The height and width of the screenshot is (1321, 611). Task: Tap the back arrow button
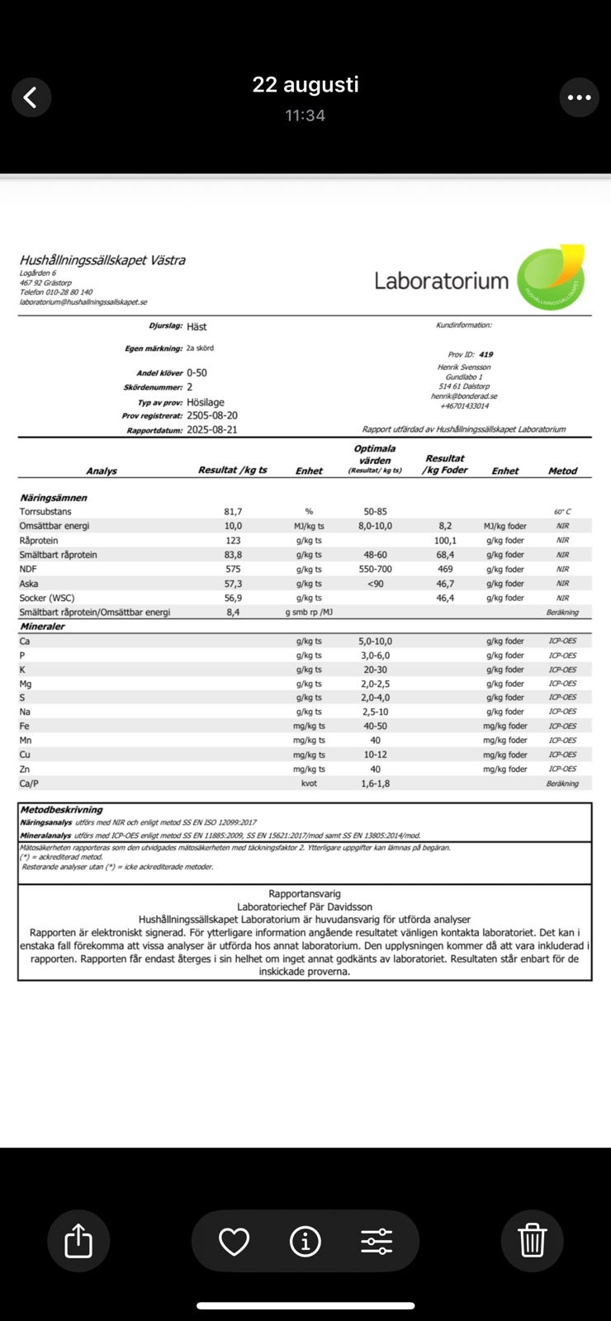(31, 97)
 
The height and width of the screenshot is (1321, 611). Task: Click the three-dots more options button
(579, 97)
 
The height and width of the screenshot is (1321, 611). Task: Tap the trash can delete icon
(532, 1240)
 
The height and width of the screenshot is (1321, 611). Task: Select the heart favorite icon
(234, 1241)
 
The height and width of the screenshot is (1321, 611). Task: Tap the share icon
(78, 1240)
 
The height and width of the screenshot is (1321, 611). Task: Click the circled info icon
(305, 1241)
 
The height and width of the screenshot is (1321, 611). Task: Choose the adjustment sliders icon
(377, 1241)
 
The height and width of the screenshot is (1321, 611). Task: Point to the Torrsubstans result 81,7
(233, 512)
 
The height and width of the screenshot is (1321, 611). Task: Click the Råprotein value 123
(233, 541)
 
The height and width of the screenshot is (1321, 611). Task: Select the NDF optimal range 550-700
(376, 569)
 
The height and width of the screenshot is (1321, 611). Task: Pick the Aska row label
(28, 584)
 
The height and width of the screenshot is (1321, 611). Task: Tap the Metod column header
(562, 471)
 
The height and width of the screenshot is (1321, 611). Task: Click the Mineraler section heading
(42, 627)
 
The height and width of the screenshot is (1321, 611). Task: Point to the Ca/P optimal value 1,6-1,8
(376, 784)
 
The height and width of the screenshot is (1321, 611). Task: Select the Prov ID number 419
(485, 354)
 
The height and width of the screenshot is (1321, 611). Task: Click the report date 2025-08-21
(212, 430)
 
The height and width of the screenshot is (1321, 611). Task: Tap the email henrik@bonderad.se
(464, 396)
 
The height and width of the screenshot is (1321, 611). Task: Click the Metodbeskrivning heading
(62, 810)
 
